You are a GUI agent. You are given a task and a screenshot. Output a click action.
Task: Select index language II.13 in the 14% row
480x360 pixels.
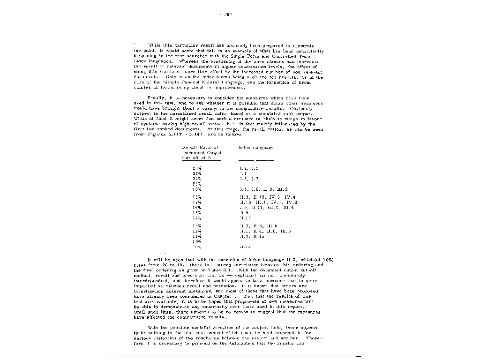tap(245, 218)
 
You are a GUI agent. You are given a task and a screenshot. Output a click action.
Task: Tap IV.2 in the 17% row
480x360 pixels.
tap(292, 202)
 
